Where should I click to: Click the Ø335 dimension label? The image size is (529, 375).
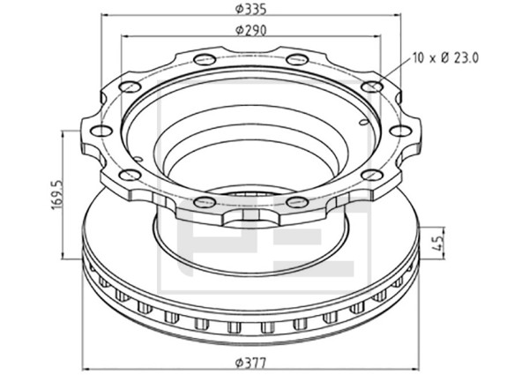pos(251,9)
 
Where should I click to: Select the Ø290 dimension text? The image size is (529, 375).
pos(251,30)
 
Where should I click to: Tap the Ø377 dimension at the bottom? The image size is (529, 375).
pos(251,364)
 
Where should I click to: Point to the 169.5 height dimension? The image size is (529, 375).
pos(57,195)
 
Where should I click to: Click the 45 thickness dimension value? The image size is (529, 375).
pos(437,243)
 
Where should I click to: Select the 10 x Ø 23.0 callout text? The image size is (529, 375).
pos(445,58)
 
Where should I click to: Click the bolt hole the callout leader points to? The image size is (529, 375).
pos(372,86)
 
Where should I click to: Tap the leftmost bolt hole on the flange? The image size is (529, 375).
pos(101,131)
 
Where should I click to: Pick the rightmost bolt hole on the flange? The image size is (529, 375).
pos(400,131)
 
